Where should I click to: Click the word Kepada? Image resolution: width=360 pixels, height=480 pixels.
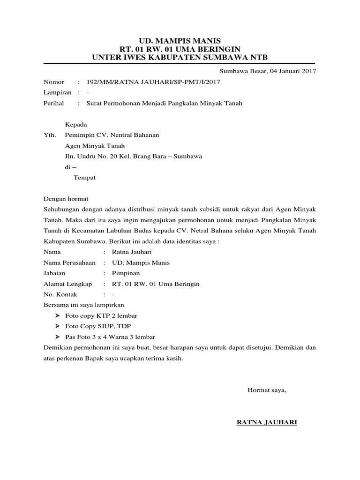pyautogui.click(x=76, y=125)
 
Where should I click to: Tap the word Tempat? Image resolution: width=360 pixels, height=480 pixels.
pyautogui.click(x=85, y=178)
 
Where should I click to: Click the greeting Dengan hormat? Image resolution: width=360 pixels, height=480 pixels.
pyautogui.click(x=66, y=199)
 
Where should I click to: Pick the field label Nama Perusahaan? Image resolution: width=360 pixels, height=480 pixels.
pyautogui.click(x=69, y=262)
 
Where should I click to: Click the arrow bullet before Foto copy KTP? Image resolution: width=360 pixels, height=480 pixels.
pyautogui.click(x=57, y=316)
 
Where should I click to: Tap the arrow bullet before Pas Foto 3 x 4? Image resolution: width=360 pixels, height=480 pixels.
pyautogui.click(x=57, y=337)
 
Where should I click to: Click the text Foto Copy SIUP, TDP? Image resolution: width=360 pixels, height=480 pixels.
pyautogui.click(x=95, y=326)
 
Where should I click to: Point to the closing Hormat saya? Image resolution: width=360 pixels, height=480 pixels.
pyautogui.click(x=267, y=390)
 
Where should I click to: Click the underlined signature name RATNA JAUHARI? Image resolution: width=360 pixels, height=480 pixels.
pyautogui.click(x=267, y=422)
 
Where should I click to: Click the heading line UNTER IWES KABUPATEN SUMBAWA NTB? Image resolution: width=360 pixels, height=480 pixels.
pyautogui.click(x=180, y=57)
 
